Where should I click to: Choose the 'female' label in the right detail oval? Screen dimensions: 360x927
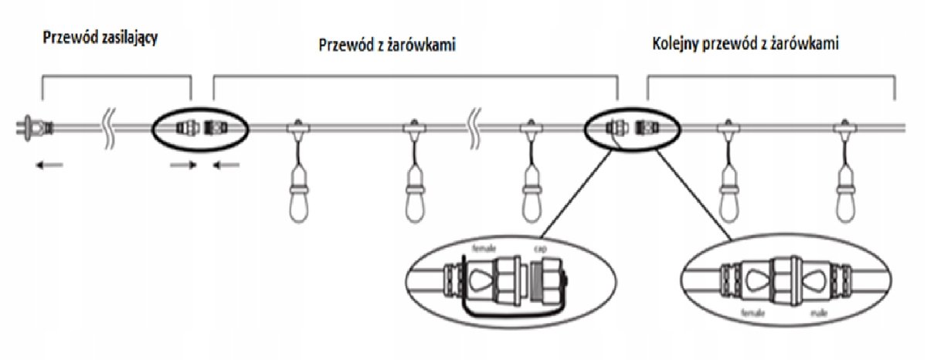tap(747, 316)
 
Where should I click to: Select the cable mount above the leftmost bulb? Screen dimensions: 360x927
tap(295, 128)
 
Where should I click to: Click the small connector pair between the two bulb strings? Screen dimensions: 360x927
tap(630, 126)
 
